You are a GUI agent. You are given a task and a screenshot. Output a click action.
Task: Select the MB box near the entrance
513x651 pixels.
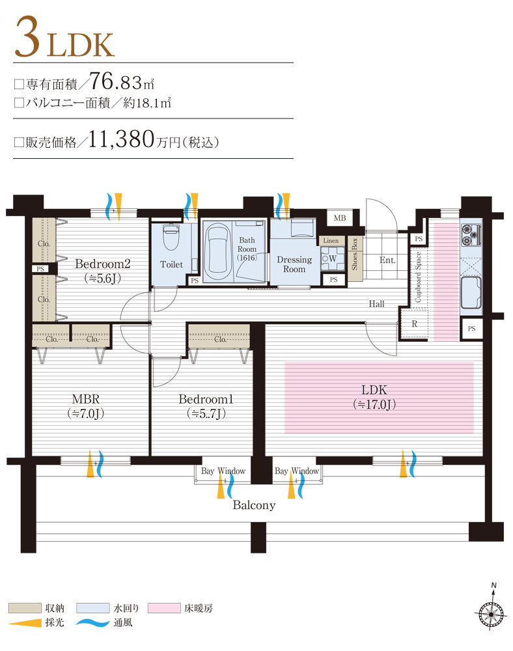pyautogui.click(x=340, y=218)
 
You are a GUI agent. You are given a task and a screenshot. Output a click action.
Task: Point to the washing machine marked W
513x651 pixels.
pyautogui.click(x=332, y=258)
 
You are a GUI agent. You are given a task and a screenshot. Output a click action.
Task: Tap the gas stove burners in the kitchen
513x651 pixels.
pyautogui.click(x=470, y=234)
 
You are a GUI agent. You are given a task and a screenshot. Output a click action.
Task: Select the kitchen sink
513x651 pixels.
pyautogui.click(x=471, y=292)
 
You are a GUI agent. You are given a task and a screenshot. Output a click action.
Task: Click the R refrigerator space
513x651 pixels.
pyautogui.click(x=414, y=324)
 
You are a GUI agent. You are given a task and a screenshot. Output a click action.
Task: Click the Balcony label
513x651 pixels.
pyautogui.click(x=254, y=505)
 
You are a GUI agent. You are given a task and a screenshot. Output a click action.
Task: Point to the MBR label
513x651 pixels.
pyautogui.click(x=85, y=398)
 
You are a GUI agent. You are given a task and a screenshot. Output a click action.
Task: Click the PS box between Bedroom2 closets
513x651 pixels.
pyautogui.click(x=40, y=268)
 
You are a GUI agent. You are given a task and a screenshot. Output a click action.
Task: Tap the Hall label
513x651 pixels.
pyautogui.click(x=376, y=303)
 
